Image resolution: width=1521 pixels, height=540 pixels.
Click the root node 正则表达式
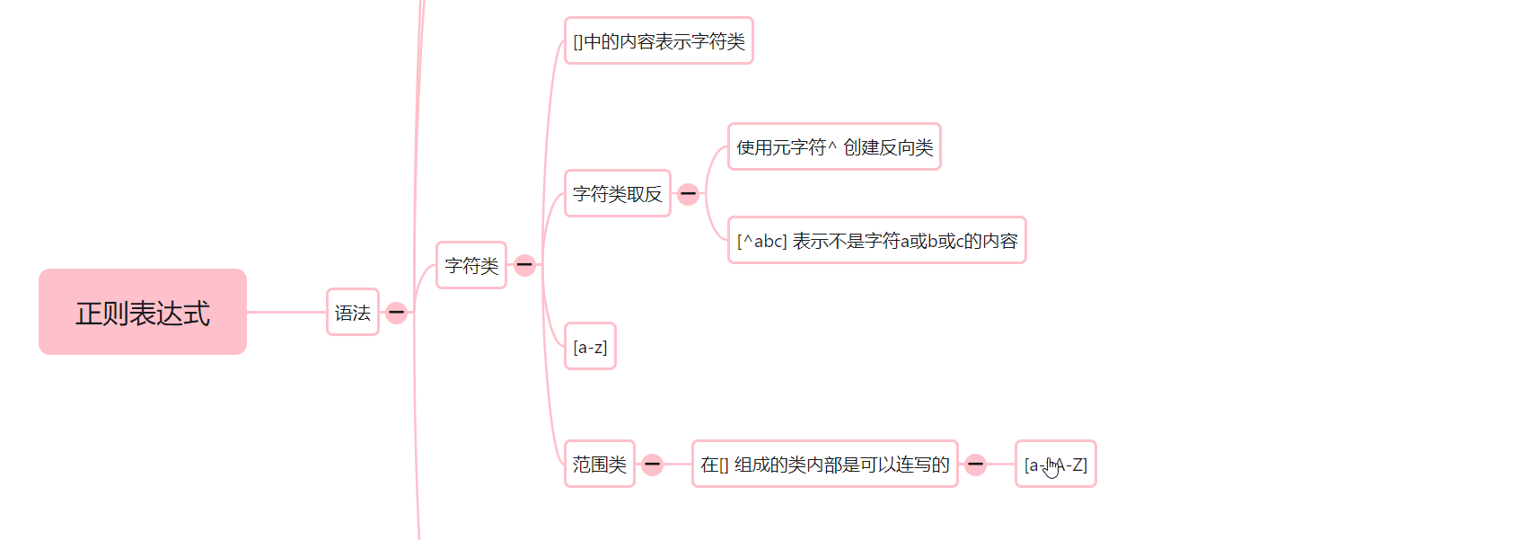tap(143, 312)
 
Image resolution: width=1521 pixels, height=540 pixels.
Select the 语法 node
tap(353, 312)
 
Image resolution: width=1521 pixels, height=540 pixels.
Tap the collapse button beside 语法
tap(396, 313)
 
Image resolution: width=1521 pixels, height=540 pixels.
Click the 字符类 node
tap(471, 265)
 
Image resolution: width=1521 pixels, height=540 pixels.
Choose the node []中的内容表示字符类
tap(658, 41)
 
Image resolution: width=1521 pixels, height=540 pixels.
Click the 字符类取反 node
tap(617, 193)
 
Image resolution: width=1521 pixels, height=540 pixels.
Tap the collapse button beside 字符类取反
tap(688, 194)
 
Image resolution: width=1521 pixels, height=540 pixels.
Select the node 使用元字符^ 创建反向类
tap(834, 146)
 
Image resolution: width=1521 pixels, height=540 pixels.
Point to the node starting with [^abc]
tap(876, 240)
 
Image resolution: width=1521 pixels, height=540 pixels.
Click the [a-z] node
tap(590, 346)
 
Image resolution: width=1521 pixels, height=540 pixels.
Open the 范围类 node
tap(599, 464)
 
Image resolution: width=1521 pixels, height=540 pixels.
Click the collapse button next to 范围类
tap(653, 465)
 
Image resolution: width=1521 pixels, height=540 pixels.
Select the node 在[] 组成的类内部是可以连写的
tap(824, 464)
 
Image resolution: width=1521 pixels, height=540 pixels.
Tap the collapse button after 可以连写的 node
tap(975, 465)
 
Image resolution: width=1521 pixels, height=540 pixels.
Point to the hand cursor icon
tap(1051, 467)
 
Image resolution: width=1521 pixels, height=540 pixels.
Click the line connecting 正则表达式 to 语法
tap(286, 312)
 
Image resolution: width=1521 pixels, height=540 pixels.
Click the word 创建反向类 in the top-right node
tap(888, 146)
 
